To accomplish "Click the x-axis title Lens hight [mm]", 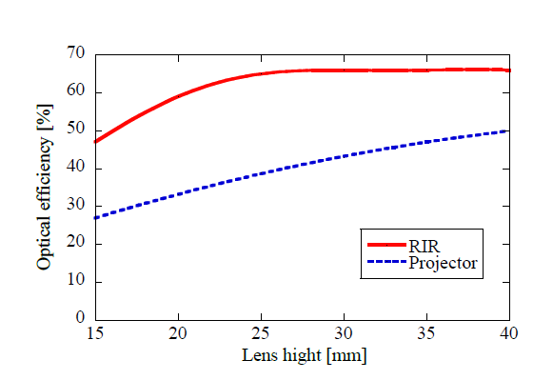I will tap(303, 356).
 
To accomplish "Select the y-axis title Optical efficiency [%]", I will tap(45, 187).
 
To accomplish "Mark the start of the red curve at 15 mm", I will tap(96, 142).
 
